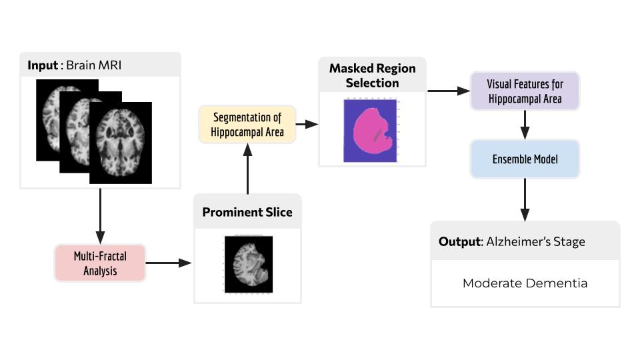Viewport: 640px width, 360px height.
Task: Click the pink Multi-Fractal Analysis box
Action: pos(100,263)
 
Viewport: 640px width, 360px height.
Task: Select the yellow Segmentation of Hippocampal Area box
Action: pos(247,125)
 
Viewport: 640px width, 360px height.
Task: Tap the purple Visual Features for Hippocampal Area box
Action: pos(525,91)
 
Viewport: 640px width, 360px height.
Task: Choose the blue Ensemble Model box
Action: pos(525,160)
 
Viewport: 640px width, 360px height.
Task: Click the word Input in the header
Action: pos(43,65)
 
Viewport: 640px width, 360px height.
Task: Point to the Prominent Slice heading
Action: pos(247,212)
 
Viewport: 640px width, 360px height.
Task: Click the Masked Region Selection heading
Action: pos(372,75)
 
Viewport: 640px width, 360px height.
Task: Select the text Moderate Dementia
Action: pos(525,283)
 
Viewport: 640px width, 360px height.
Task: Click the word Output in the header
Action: pos(459,241)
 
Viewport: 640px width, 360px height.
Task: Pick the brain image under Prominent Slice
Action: pos(248,264)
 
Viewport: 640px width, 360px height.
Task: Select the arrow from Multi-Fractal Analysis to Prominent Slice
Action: pos(169,263)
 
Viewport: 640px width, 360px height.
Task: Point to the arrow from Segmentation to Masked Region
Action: pos(307,125)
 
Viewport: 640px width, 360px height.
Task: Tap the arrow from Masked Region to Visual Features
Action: pos(448,91)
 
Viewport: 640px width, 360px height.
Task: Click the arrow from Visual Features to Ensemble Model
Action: pos(525,124)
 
